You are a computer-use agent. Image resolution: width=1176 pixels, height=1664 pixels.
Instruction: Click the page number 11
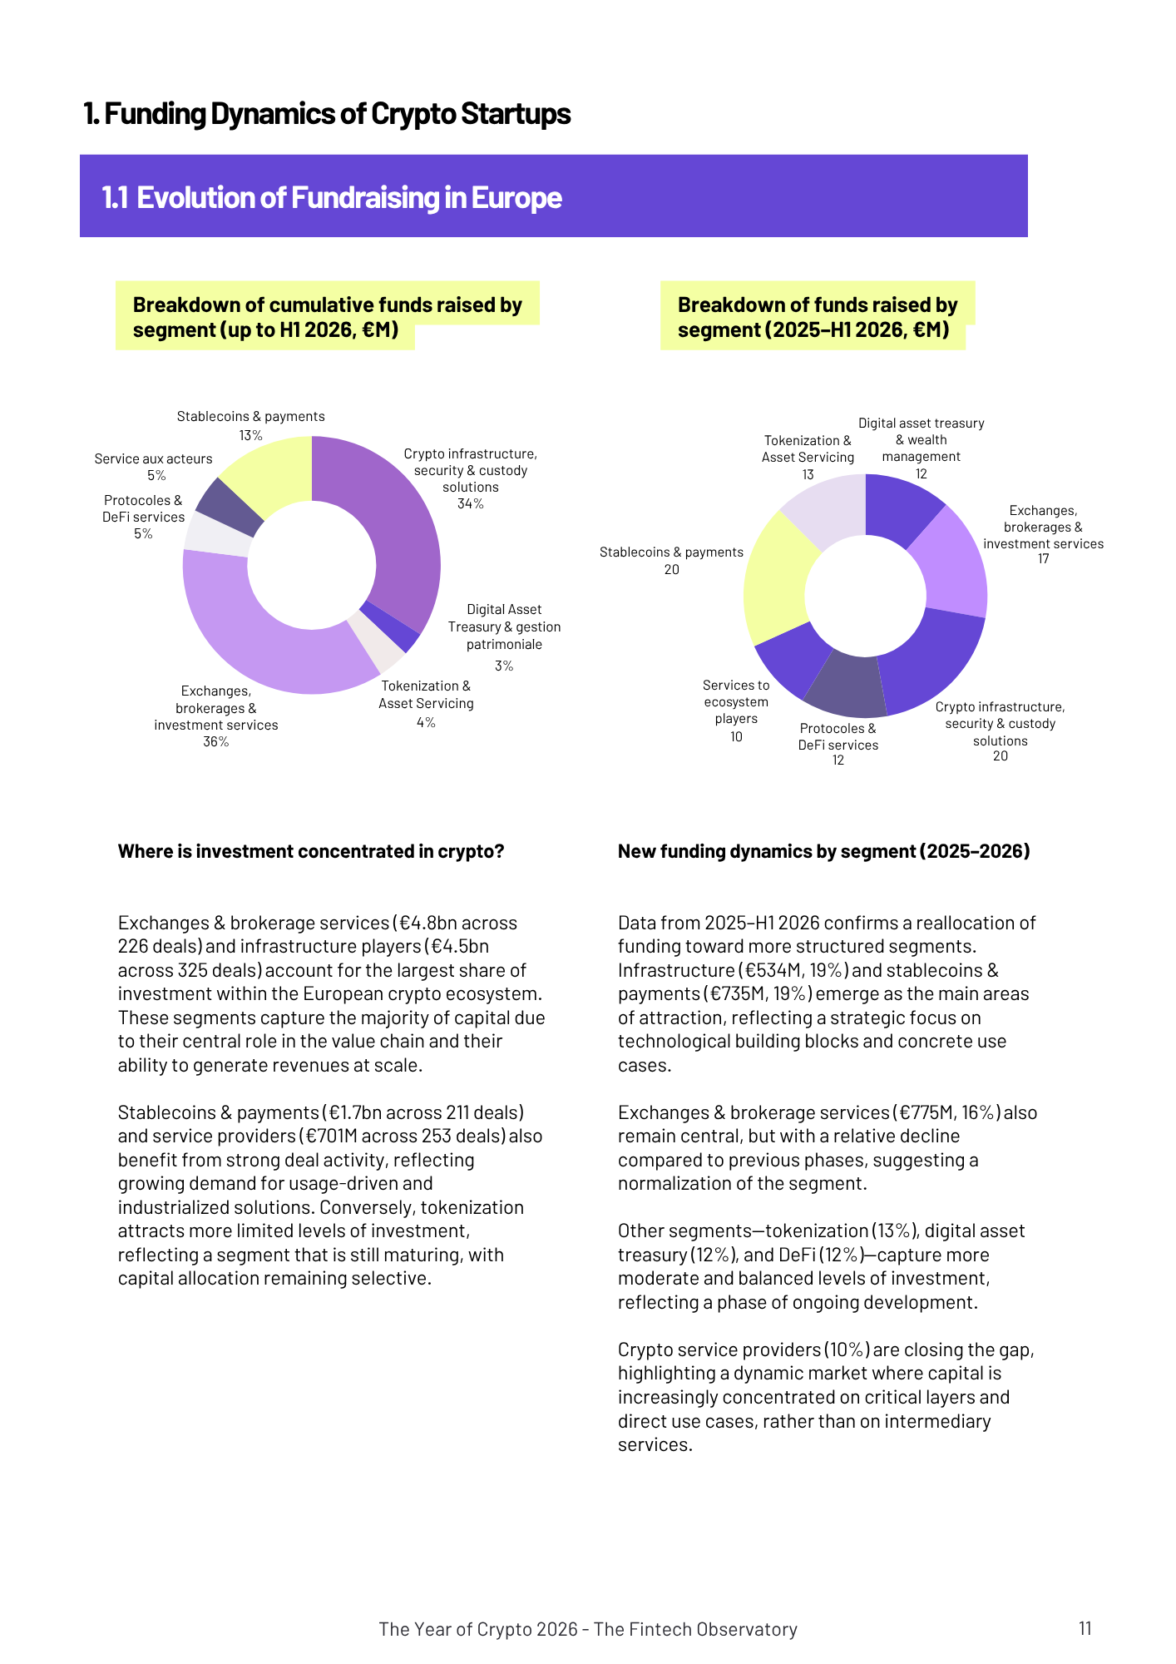1085,1628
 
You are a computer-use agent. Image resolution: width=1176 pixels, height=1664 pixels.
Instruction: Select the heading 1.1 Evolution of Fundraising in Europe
332,197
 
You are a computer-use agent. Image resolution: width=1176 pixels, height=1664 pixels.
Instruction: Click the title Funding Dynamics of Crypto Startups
327,113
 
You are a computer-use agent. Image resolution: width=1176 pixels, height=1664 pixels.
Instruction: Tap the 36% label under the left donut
215,742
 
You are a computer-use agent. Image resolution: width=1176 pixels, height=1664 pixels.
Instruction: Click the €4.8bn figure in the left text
427,923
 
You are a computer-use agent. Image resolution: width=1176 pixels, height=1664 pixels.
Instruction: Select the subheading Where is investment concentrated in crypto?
311,851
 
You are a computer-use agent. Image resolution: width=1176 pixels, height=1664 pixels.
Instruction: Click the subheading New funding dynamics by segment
823,851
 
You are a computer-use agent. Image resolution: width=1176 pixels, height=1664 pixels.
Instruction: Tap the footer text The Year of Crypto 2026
587,1629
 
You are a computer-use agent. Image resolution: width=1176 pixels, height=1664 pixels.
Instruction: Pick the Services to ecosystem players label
736,701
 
